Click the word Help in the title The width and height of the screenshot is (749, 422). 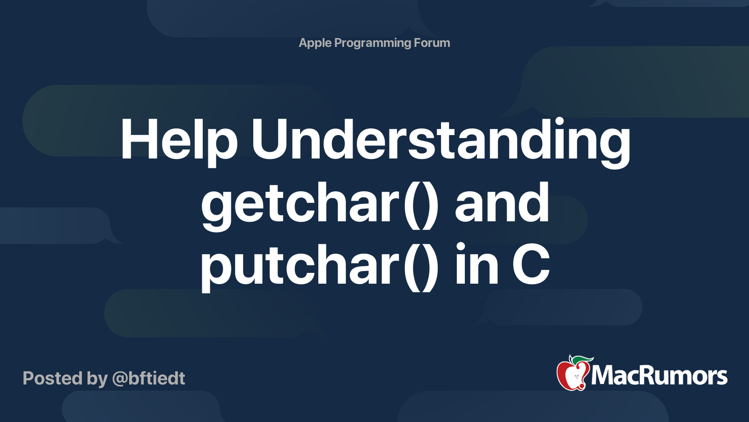[x=178, y=141]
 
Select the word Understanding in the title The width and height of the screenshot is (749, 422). [x=441, y=141]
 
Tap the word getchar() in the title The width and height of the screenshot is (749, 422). [x=320, y=204]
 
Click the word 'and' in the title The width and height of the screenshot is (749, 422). [x=502, y=204]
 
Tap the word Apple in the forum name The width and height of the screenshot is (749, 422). [x=315, y=43]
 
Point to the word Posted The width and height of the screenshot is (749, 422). [x=53, y=378]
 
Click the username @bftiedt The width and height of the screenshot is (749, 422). [x=149, y=378]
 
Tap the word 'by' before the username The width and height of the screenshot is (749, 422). [x=97, y=379]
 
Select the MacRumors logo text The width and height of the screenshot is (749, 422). [x=659, y=376]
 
